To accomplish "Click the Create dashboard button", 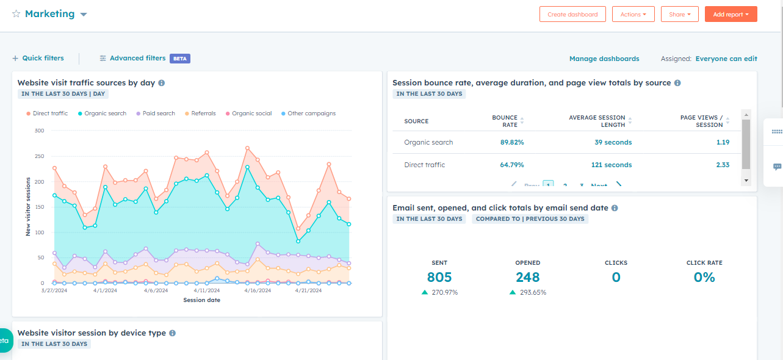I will click(x=572, y=14).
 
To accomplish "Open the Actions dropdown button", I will click(x=633, y=14).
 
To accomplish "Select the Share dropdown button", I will click(x=679, y=14).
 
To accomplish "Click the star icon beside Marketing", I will click(x=16, y=14).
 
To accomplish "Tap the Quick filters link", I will click(x=38, y=59).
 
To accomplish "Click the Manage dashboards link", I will click(x=604, y=59).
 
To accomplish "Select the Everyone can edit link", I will click(x=726, y=59).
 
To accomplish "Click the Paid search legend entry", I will click(x=158, y=113).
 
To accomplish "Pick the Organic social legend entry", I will click(x=251, y=113).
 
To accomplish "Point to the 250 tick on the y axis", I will click(x=39, y=156).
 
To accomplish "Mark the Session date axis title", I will click(x=201, y=300).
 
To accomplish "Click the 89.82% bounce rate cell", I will click(x=512, y=143).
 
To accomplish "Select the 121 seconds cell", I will click(x=612, y=165).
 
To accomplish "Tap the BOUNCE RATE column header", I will click(x=505, y=121).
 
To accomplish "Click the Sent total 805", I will click(x=439, y=278).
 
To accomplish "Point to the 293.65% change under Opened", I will click(x=533, y=293).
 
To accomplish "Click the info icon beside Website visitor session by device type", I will click(x=173, y=333).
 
